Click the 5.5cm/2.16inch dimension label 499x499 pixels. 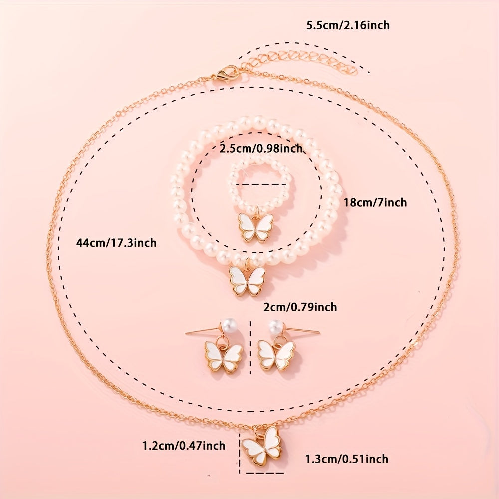point(348,25)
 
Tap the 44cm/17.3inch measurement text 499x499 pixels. point(116,243)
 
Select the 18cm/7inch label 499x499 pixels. point(375,202)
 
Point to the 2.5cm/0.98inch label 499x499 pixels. point(260,148)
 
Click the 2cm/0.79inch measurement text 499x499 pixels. point(300,307)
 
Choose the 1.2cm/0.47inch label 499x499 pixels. point(184,445)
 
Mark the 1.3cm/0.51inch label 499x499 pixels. point(347,459)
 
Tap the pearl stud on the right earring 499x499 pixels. point(276,326)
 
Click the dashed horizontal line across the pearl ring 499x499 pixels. point(261,184)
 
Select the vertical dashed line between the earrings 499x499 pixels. point(251,347)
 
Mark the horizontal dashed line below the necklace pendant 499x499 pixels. point(265,473)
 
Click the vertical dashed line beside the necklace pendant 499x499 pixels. point(240,453)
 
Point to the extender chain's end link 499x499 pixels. point(353,71)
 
